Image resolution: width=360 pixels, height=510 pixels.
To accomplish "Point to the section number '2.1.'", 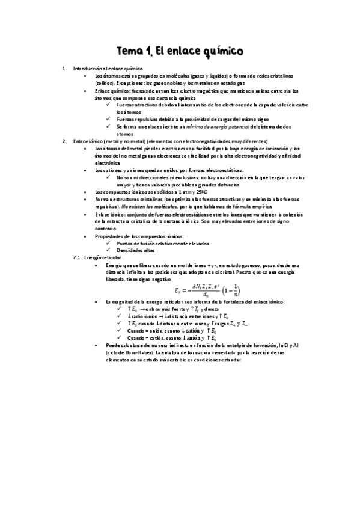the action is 77,257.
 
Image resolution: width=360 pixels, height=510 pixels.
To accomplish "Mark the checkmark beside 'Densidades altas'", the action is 108,250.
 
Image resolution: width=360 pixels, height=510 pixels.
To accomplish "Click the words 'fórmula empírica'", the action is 218,206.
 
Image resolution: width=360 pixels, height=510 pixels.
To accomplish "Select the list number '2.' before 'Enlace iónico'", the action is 65,141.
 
